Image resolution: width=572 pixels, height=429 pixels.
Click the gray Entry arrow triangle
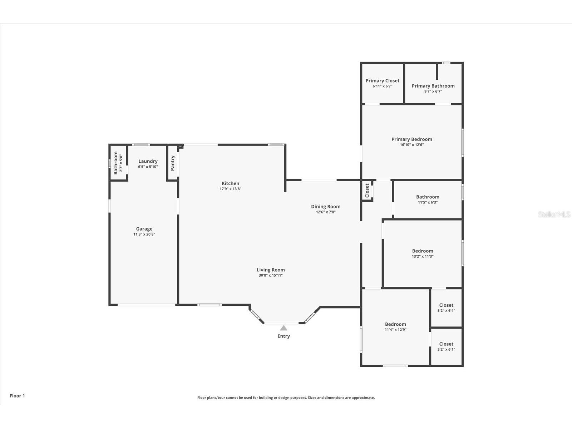tap(283, 328)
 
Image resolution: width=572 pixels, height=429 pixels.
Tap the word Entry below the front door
tap(283, 336)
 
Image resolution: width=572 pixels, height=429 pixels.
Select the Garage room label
tap(144, 229)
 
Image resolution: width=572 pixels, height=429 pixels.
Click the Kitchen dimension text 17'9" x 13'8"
tap(230, 189)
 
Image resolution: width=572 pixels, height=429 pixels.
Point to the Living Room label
tap(271, 270)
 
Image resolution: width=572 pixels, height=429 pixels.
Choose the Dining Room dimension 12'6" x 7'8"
tap(325, 212)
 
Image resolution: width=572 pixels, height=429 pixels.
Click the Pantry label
tap(173, 163)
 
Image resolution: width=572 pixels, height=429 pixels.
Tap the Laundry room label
tap(148, 161)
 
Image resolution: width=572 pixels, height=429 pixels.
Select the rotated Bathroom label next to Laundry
tap(115, 163)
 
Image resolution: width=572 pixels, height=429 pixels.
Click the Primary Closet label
tap(382, 81)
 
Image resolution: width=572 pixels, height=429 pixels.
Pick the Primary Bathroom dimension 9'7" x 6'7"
tap(433, 91)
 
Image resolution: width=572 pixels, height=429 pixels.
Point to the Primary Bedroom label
tap(411, 139)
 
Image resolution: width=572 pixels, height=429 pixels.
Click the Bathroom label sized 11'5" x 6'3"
tap(428, 197)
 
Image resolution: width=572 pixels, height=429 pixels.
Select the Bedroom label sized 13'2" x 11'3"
tap(422, 251)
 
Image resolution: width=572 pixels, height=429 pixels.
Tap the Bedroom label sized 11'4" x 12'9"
tap(395, 324)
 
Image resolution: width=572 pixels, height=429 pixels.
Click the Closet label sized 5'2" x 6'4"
tap(446, 305)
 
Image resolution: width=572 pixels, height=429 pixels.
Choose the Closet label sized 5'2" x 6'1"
tap(446, 344)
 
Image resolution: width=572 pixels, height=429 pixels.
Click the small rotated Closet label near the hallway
tap(367, 191)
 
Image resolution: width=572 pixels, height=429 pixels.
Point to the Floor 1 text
tap(17, 396)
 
